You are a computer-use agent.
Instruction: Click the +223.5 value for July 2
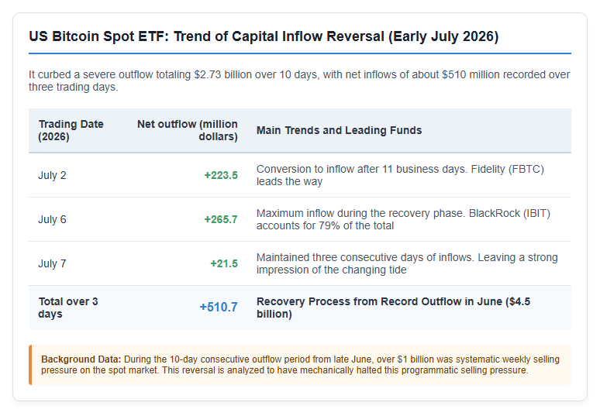[x=221, y=175]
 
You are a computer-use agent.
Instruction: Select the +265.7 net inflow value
[x=221, y=219]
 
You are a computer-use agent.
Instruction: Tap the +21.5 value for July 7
[x=224, y=263]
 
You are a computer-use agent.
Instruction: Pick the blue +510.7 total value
[x=219, y=307]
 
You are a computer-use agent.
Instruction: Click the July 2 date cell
[x=52, y=175]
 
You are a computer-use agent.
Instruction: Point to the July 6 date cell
[x=52, y=219]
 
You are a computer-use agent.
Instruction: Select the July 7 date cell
[x=52, y=263]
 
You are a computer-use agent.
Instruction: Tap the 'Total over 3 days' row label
[x=68, y=308]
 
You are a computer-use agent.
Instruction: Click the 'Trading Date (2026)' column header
[x=71, y=130]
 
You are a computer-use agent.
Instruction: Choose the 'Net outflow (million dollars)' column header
[x=188, y=130]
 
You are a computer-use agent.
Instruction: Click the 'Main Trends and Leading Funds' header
[x=339, y=130]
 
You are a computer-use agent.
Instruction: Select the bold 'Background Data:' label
[x=81, y=359]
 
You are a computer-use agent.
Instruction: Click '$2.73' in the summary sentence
[x=208, y=74]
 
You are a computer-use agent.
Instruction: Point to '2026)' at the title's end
[x=481, y=36]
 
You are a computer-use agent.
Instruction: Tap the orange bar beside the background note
[x=30, y=365]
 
